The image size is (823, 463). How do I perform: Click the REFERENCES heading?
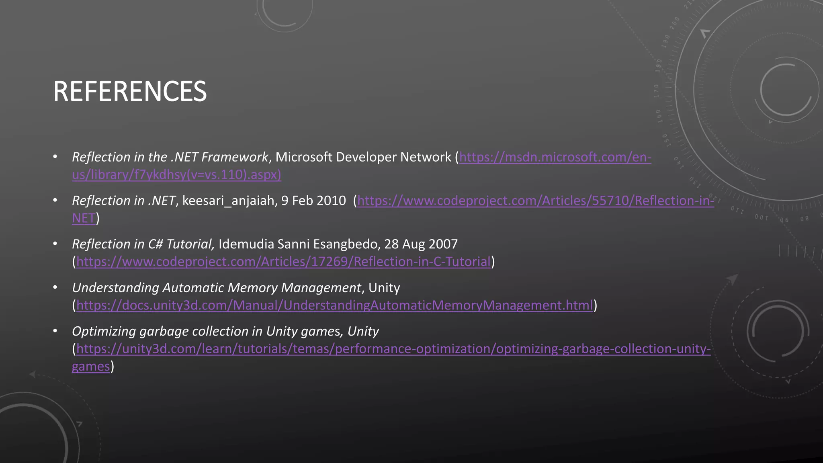130,92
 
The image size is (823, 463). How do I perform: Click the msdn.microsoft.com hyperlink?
555,157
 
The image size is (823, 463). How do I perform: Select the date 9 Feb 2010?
313,201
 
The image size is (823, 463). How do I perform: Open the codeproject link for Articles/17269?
283,262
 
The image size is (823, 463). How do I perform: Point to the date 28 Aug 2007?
421,244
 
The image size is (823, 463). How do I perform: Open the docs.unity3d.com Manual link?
334,305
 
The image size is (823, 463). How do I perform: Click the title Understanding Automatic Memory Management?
216,288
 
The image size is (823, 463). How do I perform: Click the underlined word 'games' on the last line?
91,367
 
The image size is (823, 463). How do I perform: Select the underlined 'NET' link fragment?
84,218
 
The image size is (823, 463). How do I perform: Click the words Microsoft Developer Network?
363,157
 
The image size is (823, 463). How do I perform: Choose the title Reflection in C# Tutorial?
143,244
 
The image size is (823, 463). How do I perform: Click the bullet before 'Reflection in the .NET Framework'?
55,157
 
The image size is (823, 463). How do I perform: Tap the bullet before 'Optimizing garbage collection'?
55,331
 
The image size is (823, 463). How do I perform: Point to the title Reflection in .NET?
123,201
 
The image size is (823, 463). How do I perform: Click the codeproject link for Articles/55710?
535,201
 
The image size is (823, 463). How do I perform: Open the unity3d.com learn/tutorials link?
393,349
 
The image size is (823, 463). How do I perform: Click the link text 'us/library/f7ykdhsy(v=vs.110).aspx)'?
176,175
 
